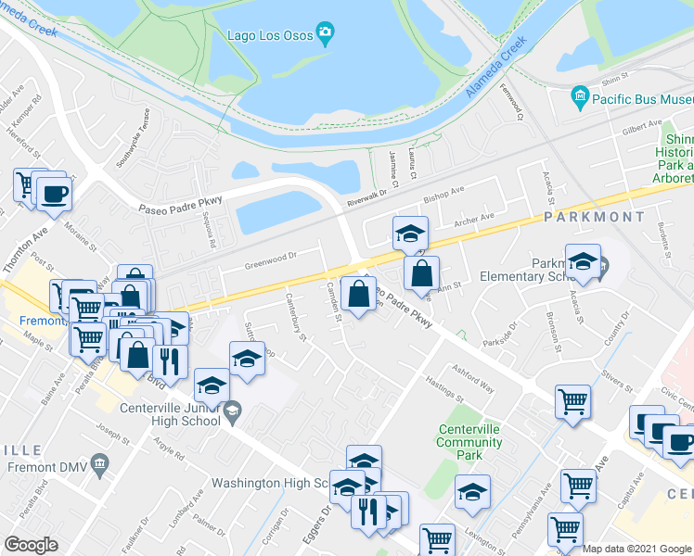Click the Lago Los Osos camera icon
(324, 35)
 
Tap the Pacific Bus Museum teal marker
(581, 96)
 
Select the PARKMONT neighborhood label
(600, 216)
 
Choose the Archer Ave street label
(474, 220)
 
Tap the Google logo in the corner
(31, 545)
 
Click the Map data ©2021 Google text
(636, 549)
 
